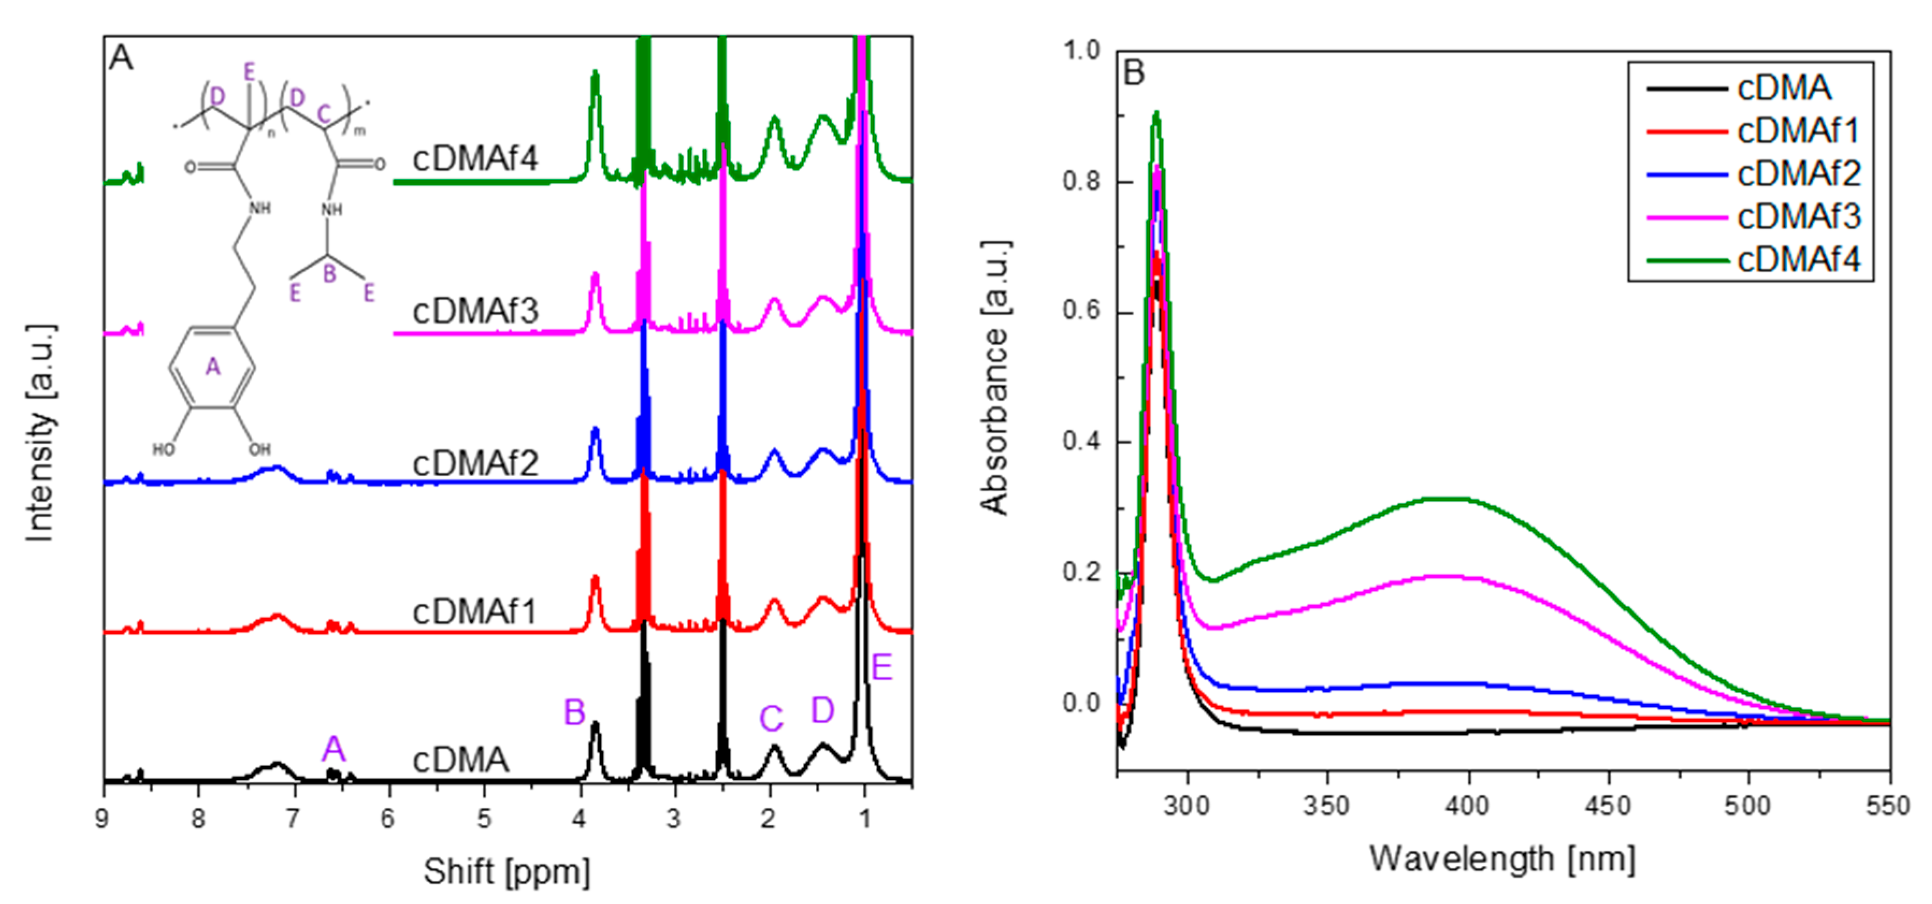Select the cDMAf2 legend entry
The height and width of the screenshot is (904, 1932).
(x=1798, y=174)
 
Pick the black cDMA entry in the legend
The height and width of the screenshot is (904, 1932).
(x=1784, y=89)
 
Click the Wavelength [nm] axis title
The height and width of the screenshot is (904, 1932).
(x=1502, y=859)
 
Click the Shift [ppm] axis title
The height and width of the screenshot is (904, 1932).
(x=507, y=872)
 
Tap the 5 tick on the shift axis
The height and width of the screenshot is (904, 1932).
(x=484, y=819)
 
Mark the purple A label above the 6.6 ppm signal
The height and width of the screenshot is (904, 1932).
(x=334, y=749)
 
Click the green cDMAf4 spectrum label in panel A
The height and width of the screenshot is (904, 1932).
(x=475, y=159)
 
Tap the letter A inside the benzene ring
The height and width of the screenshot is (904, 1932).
(x=213, y=367)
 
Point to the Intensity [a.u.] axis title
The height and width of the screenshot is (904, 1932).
(x=40, y=433)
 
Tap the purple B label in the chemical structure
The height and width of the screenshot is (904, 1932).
(x=329, y=274)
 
